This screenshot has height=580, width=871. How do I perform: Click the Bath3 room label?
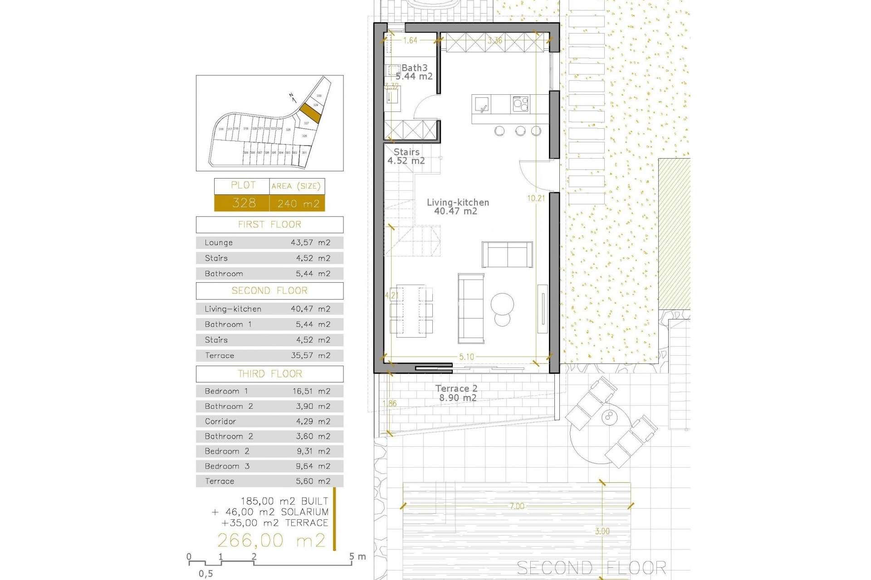[414, 68]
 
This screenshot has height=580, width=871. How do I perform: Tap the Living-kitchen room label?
[458, 203]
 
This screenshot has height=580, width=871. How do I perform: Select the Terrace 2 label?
[456, 389]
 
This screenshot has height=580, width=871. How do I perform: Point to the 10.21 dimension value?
[536, 198]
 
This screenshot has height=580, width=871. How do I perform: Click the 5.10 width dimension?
[466, 357]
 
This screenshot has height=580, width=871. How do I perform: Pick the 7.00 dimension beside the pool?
[517, 506]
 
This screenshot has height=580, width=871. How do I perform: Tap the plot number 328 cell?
[244, 203]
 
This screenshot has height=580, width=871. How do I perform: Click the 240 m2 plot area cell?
[298, 203]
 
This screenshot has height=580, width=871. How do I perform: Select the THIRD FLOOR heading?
[269, 374]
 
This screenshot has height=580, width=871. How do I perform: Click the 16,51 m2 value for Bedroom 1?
[311, 391]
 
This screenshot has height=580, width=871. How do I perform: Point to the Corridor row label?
[220, 421]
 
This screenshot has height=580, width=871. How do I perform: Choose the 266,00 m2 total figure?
[271, 540]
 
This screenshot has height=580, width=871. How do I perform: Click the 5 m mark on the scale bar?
[352, 557]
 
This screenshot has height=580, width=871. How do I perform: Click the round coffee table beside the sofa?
[502, 303]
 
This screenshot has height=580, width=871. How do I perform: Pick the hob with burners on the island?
[520, 104]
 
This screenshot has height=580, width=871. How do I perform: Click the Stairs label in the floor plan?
[406, 152]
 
